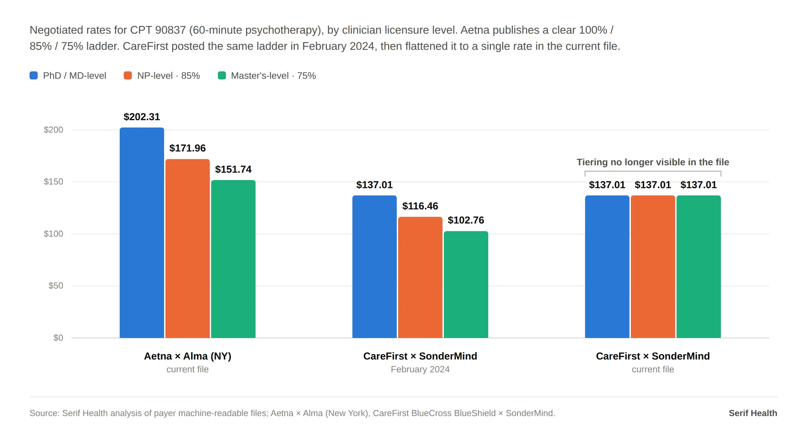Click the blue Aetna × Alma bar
pyautogui.click(x=142, y=233)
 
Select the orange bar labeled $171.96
pyautogui.click(x=188, y=248)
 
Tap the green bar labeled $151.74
pyautogui.click(x=233, y=259)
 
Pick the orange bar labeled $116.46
pyautogui.click(x=420, y=277)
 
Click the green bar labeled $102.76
pyautogui.click(x=466, y=284)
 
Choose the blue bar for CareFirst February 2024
pyautogui.click(x=375, y=267)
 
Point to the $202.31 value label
pyautogui.click(x=142, y=117)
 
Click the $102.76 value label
pyautogui.click(x=466, y=220)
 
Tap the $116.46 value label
pyautogui.click(x=420, y=206)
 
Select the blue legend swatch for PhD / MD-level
pyautogui.click(x=34, y=75)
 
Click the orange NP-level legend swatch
pyautogui.click(x=128, y=75)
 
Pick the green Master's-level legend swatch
pyautogui.click(x=222, y=75)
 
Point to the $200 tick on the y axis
pyautogui.click(x=53, y=130)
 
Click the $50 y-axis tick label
pyautogui.click(x=56, y=286)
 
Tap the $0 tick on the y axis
pyautogui.click(x=58, y=338)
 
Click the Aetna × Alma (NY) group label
pyautogui.click(x=188, y=356)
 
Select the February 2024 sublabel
pyautogui.click(x=420, y=369)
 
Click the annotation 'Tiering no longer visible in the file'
pyautogui.click(x=653, y=162)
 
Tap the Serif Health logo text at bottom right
pyautogui.click(x=753, y=413)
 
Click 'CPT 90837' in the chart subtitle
pyautogui.click(x=158, y=30)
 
